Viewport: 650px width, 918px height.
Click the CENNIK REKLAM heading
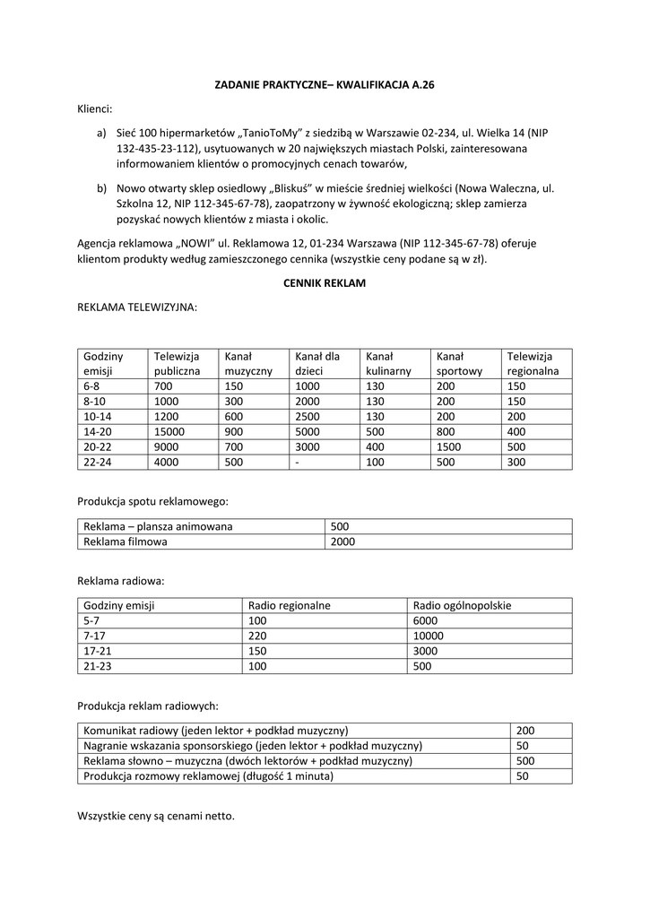click(325, 283)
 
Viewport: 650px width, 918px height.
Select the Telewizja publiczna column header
click(177, 363)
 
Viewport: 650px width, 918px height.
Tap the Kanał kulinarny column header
click(388, 363)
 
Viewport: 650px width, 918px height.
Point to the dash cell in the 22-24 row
click(298, 462)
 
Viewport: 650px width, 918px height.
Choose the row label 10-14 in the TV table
click(98, 417)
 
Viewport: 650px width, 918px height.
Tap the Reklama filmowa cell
click(126, 541)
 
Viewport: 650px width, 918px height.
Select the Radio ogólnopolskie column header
click(463, 605)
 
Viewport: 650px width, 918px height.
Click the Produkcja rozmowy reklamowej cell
click(208, 775)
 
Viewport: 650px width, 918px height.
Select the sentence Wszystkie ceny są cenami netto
click(156, 817)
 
